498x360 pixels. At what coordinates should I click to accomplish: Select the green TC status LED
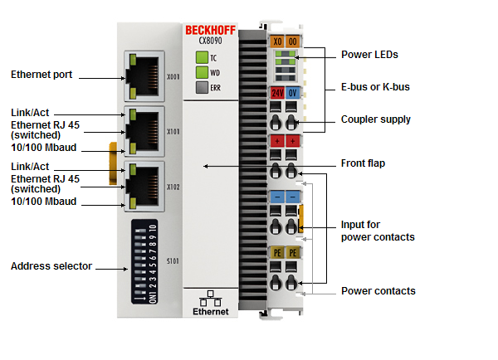[x=201, y=58]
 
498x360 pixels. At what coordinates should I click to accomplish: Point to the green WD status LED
[x=201, y=72]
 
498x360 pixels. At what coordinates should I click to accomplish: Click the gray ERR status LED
[x=201, y=87]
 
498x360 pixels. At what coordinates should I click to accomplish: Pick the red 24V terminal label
[x=276, y=92]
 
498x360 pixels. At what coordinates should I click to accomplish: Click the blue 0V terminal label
[x=293, y=92]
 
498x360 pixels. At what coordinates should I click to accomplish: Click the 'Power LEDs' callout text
[x=370, y=55]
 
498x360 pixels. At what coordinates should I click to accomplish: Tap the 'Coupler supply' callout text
[x=376, y=119]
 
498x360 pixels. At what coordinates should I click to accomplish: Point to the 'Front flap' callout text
[x=363, y=163]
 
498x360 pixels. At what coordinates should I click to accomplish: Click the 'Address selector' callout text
[x=51, y=266]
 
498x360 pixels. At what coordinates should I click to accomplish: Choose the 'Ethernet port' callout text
[x=41, y=75]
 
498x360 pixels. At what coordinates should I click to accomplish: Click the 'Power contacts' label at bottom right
[x=378, y=291]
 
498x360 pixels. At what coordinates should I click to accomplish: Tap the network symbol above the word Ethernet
[x=210, y=297]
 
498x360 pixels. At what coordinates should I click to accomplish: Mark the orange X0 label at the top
[x=276, y=40]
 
